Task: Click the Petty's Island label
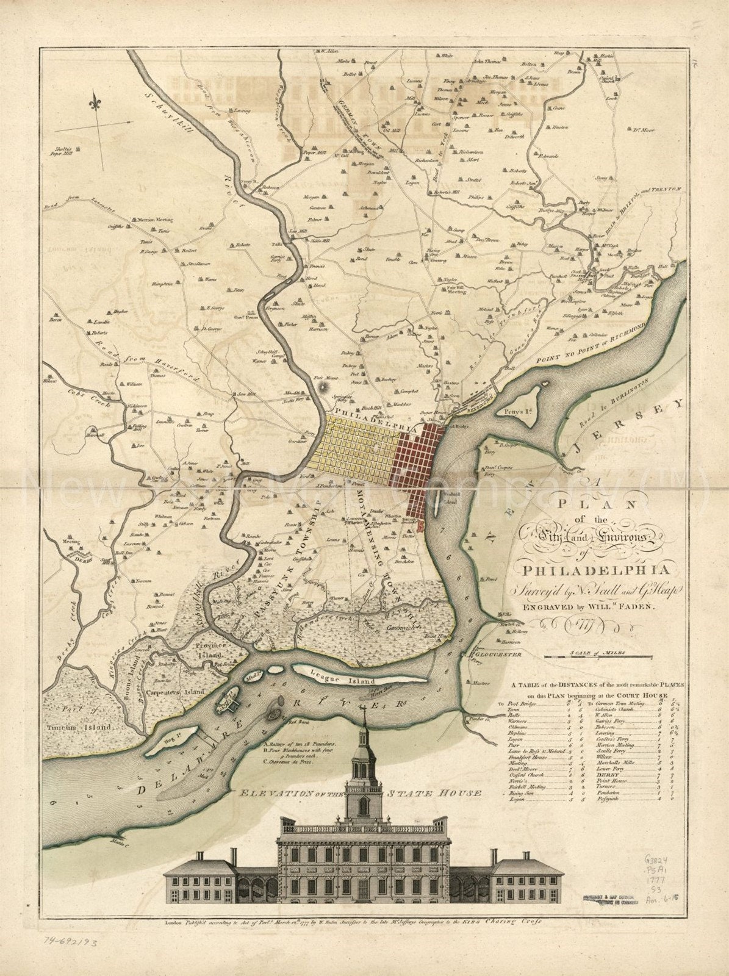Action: coord(515,412)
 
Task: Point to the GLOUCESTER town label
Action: coord(500,654)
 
